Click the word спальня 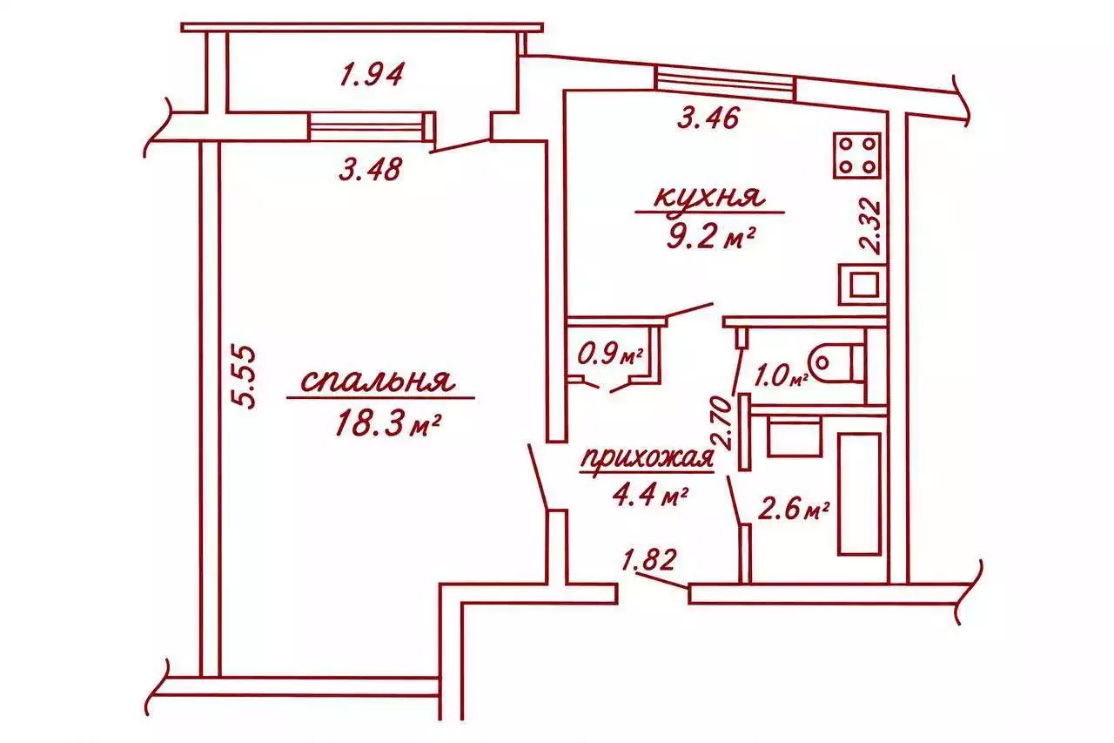coord(378,382)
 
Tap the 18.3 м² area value coord(388,424)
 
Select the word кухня coord(708,197)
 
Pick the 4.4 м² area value coord(650,496)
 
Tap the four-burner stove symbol coord(856,155)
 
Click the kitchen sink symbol coord(862,285)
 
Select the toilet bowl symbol coord(835,361)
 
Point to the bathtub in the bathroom coord(859,494)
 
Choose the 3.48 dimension coord(371,169)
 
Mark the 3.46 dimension coord(708,119)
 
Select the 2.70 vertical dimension coord(722,422)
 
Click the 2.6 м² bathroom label coord(793,510)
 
